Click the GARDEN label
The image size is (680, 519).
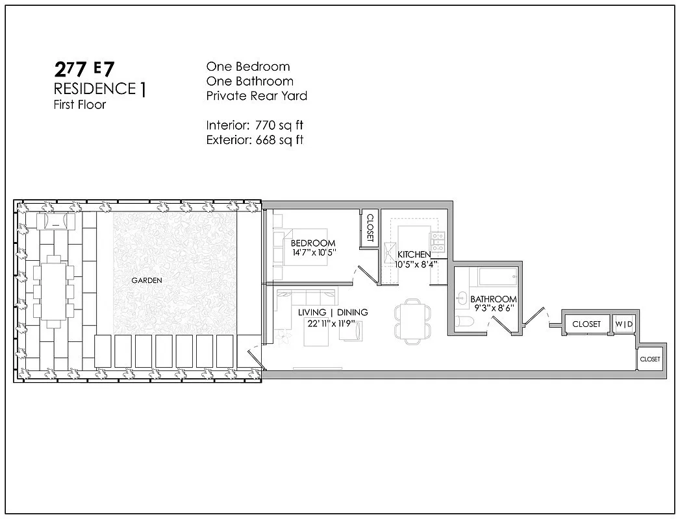(146, 280)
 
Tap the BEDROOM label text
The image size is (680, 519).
(313, 243)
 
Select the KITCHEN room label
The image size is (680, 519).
(414, 254)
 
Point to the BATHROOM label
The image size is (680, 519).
(494, 299)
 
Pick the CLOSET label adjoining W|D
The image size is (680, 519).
(586, 324)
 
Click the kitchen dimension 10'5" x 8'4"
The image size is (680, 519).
(416, 264)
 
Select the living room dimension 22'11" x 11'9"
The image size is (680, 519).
(333, 323)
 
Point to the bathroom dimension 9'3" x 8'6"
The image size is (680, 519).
(493, 309)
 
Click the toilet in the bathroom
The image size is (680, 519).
(464, 321)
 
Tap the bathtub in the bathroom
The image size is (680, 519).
(497, 278)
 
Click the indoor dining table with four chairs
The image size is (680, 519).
(410, 320)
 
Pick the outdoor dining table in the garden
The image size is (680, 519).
(56, 291)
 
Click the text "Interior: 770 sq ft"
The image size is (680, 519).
(255, 125)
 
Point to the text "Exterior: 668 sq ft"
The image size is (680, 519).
(255, 139)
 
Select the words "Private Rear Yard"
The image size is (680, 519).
(257, 96)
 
